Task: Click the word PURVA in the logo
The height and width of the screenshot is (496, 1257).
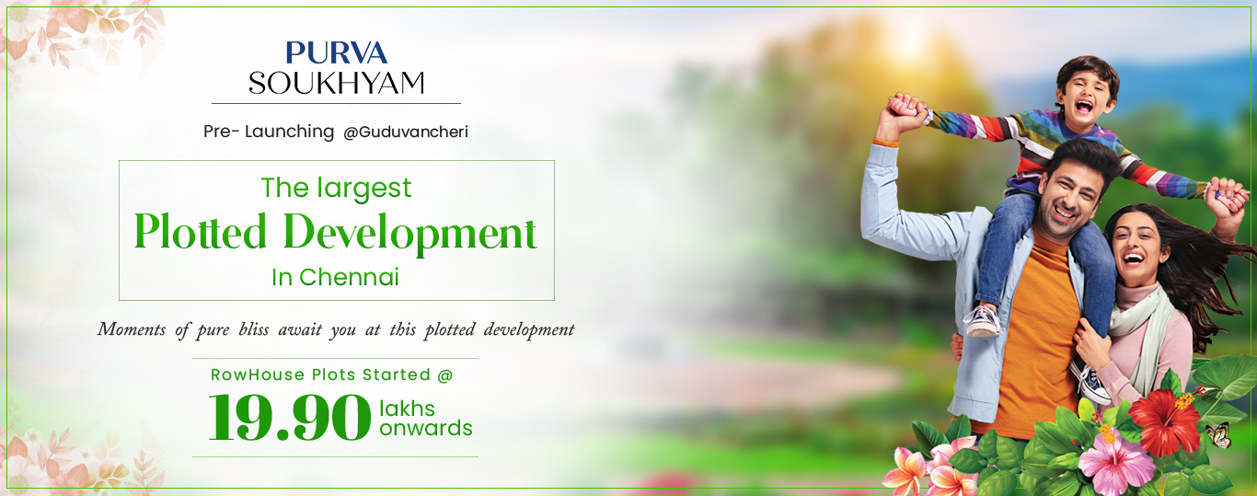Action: click(x=336, y=52)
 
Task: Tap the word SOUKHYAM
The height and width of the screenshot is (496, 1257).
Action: click(x=336, y=83)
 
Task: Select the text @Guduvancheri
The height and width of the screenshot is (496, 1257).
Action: click(x=405, y=132)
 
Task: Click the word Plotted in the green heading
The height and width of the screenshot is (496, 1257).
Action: click(x=200, y=231)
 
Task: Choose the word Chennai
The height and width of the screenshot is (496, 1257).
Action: click(x=349, y=277)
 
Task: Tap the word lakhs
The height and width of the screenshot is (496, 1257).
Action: click(x=407, y=409)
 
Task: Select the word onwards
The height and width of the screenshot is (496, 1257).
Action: click(x=426, y=428)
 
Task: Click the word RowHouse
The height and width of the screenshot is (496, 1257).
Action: click(x=258, y=375)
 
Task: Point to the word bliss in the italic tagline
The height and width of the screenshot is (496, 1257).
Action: click(x=254, y=329)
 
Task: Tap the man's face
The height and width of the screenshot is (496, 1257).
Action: click(x=1067, y=199)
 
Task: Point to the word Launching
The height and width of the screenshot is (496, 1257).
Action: click(x=289, y=132)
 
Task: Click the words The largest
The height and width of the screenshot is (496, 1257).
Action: click(x=336, y=188)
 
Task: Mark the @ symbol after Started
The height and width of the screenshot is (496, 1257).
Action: click(x=445, y=375)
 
